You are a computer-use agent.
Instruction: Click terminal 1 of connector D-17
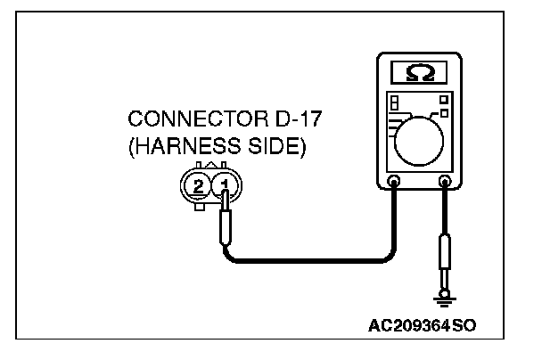pyautogui.click(x=225, y=185)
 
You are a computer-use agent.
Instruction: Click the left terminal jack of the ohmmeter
pyautogui.click(x=393, y=184)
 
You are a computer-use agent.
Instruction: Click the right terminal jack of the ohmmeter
pyautogui.click(x=443, y=184)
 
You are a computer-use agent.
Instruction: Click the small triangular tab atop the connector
pyautogui.click(x=210, y=166)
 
